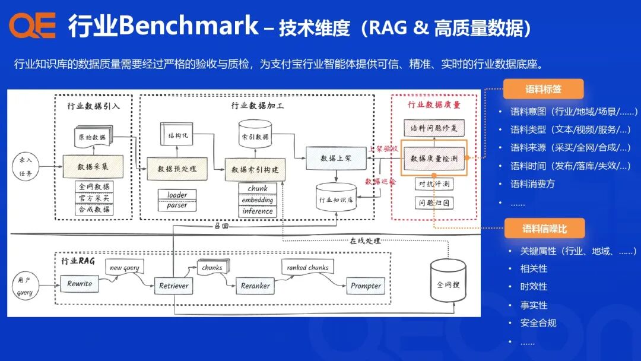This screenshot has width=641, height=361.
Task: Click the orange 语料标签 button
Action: pos(543,89)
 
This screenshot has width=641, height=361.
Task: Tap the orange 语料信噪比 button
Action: pos(544,229)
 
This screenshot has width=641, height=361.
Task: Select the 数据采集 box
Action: pos(93,167)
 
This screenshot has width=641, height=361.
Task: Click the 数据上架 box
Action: pos(335,158)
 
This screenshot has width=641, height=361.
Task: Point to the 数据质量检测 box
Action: pos(434,158)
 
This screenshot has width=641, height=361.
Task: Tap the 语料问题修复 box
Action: pos(434,128)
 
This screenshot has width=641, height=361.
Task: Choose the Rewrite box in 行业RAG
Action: pos(80,283)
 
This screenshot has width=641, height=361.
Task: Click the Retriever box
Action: pos(173,286)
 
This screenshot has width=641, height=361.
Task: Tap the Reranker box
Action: pos(255,286)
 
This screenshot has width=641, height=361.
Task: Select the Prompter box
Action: pos(366,286)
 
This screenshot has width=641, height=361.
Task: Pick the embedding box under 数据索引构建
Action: pos(257,199)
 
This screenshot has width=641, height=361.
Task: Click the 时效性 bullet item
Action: pos(534,286)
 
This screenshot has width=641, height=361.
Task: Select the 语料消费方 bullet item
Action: pos(532,184)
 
